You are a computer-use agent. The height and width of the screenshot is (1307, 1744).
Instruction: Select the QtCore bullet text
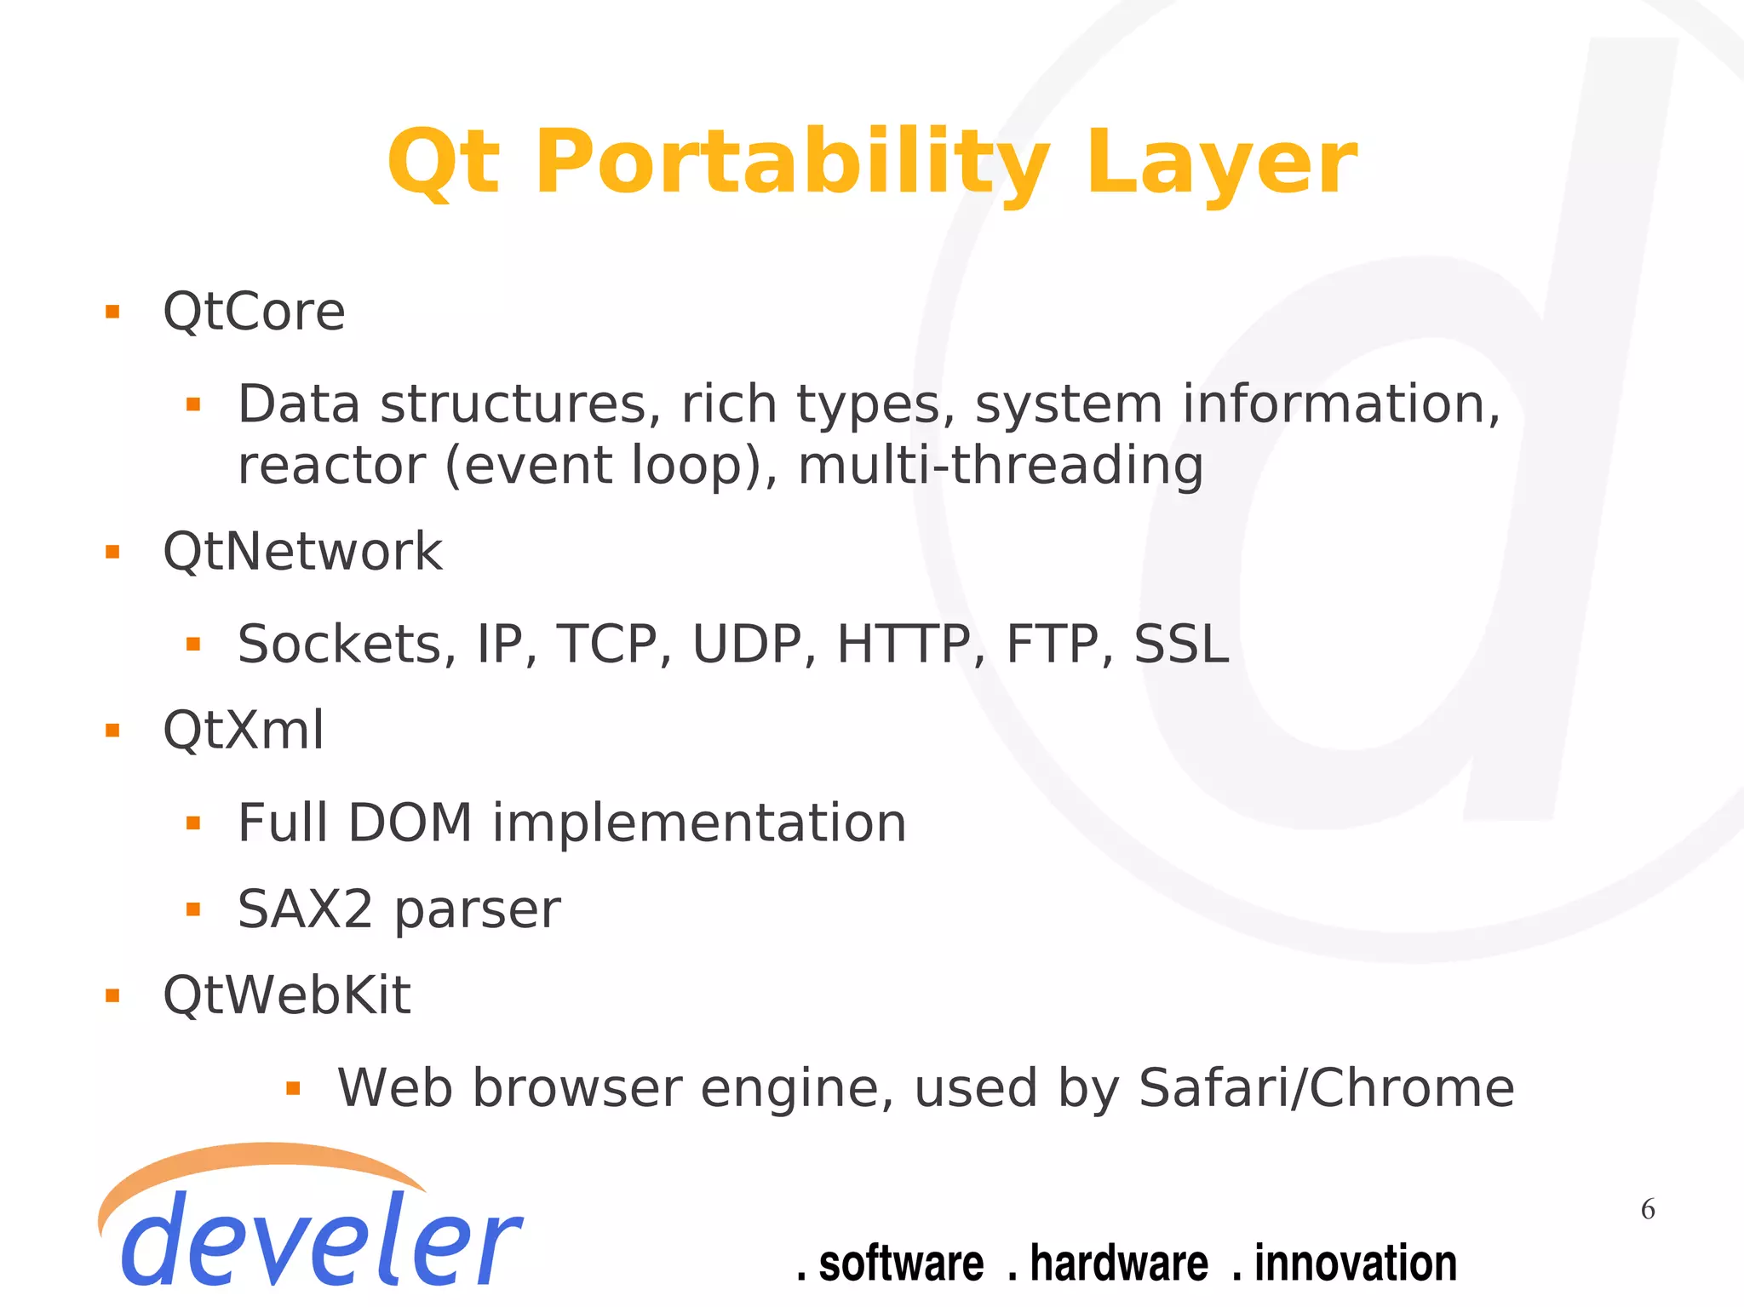[254, 312]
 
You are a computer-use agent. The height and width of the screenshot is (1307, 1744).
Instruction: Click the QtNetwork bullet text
[302, 552]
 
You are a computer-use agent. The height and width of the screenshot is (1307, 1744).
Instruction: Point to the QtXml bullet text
[244, 731]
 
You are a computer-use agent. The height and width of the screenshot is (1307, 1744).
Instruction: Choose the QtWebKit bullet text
[287, 995]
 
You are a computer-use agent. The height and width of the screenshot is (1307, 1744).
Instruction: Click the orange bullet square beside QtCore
[112, 312]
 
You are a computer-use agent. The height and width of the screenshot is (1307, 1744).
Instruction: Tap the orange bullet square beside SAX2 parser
[193, 910]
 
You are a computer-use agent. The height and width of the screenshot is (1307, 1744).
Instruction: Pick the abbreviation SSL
[1181, 645]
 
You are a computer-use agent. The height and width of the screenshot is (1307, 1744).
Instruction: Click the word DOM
[410, 823]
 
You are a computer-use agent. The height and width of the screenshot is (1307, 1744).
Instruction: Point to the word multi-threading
[1001, 466]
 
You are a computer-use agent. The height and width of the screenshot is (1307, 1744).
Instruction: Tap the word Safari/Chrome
[1326, 1088]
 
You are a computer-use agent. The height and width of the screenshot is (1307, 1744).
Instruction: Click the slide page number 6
[1648, 1209]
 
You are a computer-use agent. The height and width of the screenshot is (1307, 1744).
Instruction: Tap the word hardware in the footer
[1118, 1264]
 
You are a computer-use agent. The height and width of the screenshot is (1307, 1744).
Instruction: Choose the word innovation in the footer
[1355, 1264]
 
